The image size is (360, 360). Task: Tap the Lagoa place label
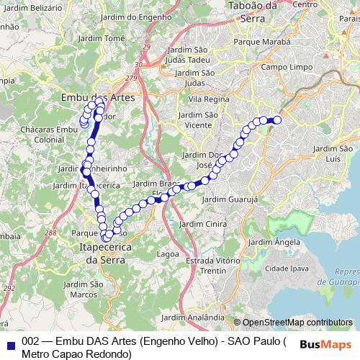pyautogui.click(x=168, y=254)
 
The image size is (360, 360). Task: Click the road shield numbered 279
pyautogui.click(x=130, y=78)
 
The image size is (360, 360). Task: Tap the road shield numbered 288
pyautogui.click(x=50, y=233)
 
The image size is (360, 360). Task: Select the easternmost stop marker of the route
pyautogui.click(x=276, y=120)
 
